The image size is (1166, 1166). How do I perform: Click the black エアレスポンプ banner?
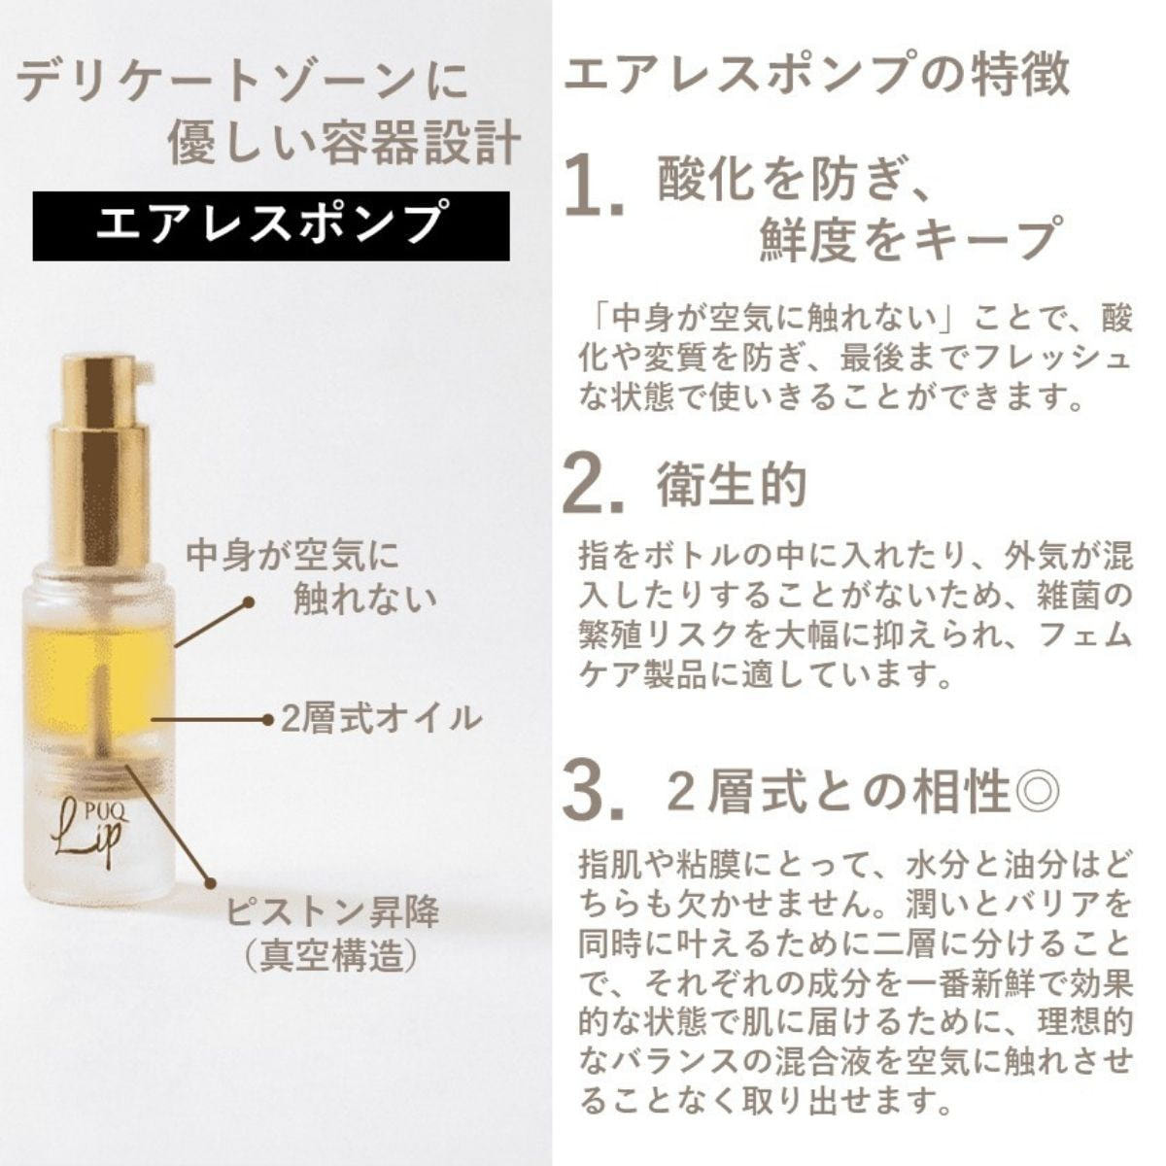[x=270, y=226]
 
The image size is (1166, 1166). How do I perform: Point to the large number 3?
[x=593, y=792]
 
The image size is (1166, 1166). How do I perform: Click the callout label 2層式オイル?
[x=381, y=719]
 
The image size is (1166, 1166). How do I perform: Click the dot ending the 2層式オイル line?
[x=267, y=719]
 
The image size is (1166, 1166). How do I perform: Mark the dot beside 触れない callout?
[x=247, y=602]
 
